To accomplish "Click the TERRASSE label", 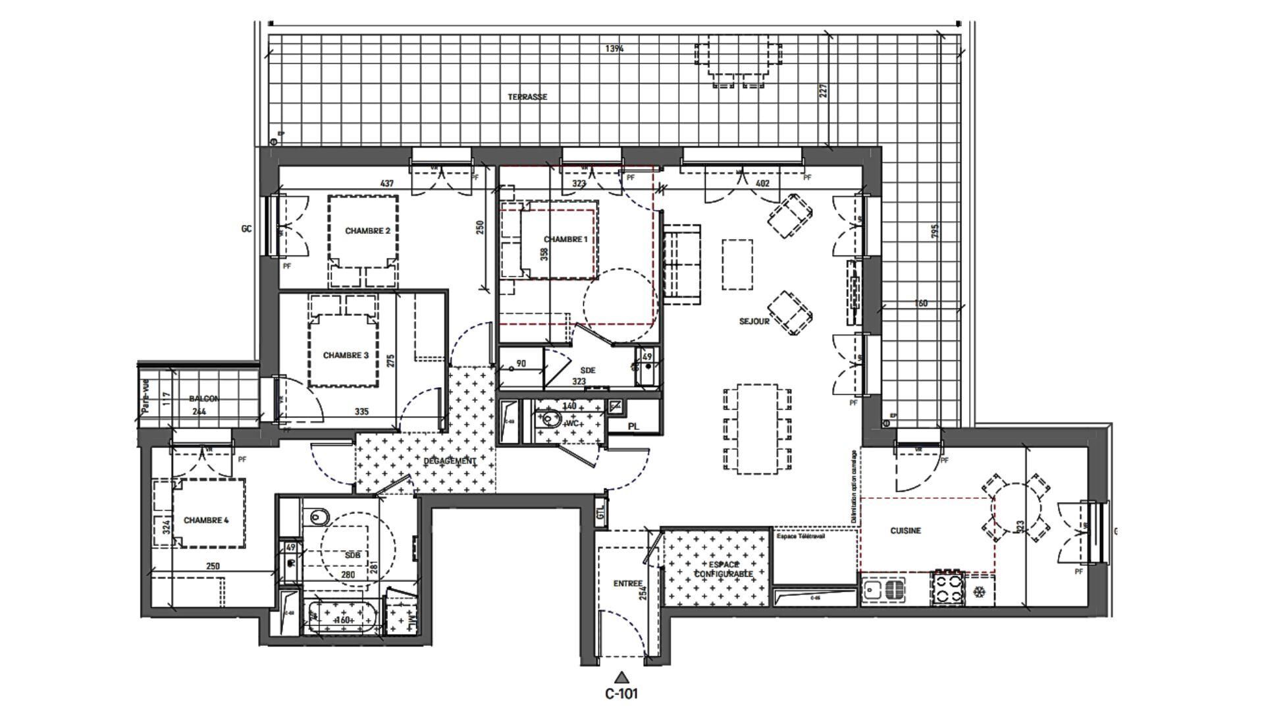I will (x=527, y=97).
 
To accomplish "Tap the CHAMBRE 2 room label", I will (x=367, y=231).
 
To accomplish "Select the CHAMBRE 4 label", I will (x=205, y=520).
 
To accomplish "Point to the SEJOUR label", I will (x=754, y=321).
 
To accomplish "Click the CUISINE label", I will (x=905, y=531).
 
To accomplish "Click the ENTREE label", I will (x=627, y=583).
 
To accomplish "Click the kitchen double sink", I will (x=884, y=590).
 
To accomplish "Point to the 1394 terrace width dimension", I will (x=614, y=49).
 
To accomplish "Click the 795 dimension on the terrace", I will (x=935, y=231).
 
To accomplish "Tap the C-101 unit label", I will (x=621, y=693).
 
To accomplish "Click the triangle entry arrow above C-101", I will (x=621, y=677).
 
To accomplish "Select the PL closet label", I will (x=633, y=427).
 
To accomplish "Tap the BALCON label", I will (x=203, y=399).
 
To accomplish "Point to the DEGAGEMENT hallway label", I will (x=449, y=461).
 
